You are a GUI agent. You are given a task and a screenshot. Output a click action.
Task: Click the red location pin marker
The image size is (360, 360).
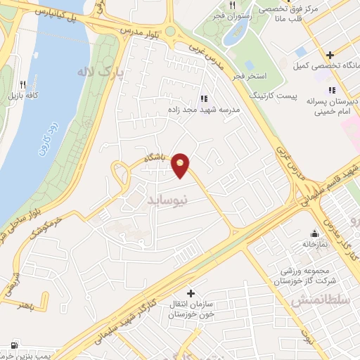pyautogui.click(x=181, y=165)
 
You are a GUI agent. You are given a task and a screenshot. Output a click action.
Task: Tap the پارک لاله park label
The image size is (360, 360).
pyautogui.click(x=95, y=72)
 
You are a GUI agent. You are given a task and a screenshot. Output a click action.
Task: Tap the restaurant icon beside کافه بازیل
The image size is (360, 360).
pyautogui.click(x=23, y=83)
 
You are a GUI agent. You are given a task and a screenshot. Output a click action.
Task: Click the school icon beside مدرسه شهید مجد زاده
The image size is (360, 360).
pyautogui.click(x=204, y=99)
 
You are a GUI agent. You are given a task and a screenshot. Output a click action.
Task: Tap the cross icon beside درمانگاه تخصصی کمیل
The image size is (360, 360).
pyautogui.click(x=329, y=55)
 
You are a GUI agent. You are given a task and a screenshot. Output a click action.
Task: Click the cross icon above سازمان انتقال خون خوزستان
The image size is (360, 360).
pyautogui.click(x=191, y=292)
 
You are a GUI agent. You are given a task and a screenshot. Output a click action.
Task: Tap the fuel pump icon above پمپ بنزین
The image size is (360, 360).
pyautogui.click(x=14, y=346)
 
